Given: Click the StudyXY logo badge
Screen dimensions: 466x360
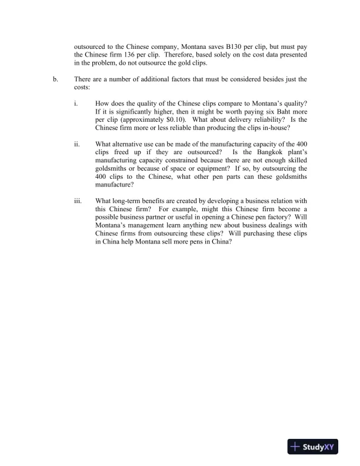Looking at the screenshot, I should click(310, 447).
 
